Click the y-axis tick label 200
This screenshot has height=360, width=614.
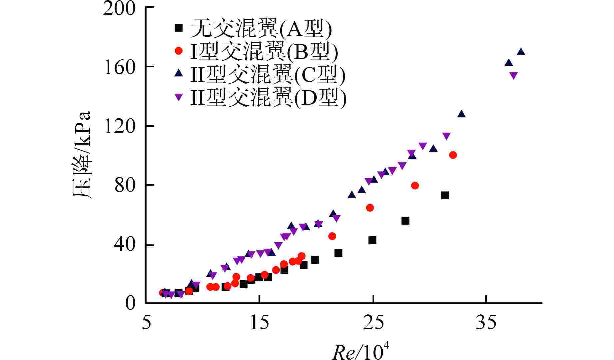tap(119, 9)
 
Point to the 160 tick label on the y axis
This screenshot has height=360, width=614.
tap(119, 68)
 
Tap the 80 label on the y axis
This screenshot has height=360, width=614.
tap(125, 186)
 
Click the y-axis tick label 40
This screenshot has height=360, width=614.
tap(125, 245)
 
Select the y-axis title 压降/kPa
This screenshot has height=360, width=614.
tap(82, 155)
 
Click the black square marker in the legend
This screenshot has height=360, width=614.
tap(179, 28)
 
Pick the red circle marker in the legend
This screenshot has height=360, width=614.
tap(179, 51)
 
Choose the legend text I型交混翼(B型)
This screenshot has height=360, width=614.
tap(264, 51)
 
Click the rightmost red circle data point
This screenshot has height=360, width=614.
tap(453, 155)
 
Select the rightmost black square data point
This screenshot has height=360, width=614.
tap(445, 195)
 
